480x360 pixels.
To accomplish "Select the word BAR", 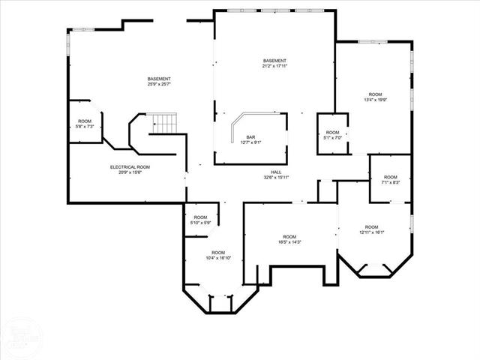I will click(x=250, y=137).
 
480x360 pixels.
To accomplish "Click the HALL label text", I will click(x=277, y=172).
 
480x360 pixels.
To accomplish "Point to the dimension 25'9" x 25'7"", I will click(x=159, y=85).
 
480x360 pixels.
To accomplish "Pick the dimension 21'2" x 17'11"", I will click(x=275, y=66).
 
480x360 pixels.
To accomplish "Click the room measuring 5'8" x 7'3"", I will click(x=85, y=124).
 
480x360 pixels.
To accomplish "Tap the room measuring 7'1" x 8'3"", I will click(x=391, y=180).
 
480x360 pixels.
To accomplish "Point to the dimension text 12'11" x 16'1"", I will click(x=371, y=232).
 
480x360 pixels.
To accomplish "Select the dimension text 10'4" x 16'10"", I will click(x=218, y=258).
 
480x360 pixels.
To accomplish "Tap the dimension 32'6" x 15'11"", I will click(x=277, y=178).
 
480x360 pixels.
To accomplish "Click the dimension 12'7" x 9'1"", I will click(x=250, y=142).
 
